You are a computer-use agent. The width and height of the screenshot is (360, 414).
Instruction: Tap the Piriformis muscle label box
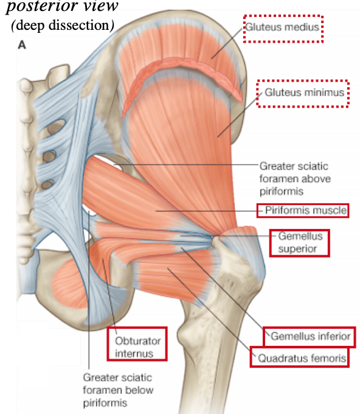(x=303, y=211)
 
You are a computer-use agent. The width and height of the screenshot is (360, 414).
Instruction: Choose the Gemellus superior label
(x=300, y=243)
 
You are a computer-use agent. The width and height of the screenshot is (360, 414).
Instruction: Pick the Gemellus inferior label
(x=310, y=336)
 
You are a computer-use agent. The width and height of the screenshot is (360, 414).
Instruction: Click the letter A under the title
(x=22, y=45)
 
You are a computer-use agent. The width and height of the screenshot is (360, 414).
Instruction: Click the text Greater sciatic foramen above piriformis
(x=295, y=179)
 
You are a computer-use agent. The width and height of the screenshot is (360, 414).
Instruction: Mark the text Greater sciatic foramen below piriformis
(x=118, y=390)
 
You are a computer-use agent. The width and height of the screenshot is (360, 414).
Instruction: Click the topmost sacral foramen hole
(x=57, y=126)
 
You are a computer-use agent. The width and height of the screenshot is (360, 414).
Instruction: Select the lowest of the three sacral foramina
(x=47, y=184)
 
